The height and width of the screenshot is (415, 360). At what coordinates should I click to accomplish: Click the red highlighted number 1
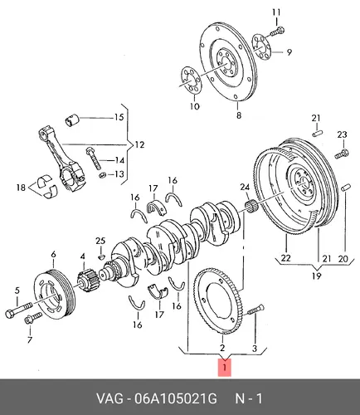click(x=225, y=368)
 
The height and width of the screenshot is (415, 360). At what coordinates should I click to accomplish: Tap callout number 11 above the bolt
click(x=276, y=12)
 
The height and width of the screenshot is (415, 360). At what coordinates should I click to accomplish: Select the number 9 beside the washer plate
click(x=289, y=52)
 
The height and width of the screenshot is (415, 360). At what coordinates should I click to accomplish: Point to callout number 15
click(x=119, y=117)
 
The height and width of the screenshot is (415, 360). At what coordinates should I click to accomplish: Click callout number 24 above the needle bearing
click(x=245, y=188)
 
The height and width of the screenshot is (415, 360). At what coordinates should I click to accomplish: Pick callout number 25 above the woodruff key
click(x=100, y=241)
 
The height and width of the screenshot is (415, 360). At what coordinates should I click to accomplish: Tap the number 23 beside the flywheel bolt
click(x=342, y=134)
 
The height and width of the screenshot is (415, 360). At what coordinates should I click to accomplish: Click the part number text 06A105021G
click(x=175, y=398)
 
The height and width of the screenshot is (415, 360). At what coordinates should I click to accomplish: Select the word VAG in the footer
click(x=109, y=398)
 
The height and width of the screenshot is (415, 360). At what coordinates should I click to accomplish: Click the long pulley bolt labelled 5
click(x=19, y=310)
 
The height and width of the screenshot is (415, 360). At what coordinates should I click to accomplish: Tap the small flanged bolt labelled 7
click(x=32, y=318)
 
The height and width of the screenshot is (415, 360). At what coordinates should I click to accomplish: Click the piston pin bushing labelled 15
click(x=72, y=120)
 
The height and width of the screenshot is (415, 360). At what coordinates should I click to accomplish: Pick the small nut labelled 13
click(x=102, y=175)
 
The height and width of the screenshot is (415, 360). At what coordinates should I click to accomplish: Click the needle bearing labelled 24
click(x=251, y=207)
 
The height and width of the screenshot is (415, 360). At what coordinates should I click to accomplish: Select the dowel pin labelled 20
click(x=346, y=188)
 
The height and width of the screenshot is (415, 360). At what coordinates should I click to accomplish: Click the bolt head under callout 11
click(x=280, y=29)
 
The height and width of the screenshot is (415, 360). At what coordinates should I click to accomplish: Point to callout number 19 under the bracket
click(x=316, y=276)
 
